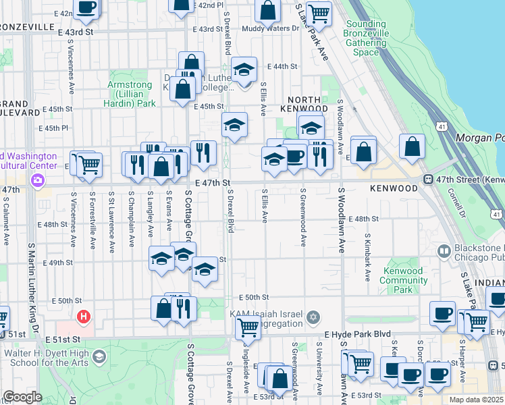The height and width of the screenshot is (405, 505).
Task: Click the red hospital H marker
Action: [x=84, y=316]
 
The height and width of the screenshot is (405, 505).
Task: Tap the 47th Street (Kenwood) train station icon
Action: [x=428, y=179]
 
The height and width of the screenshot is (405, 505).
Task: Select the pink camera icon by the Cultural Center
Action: [x=37, y=180]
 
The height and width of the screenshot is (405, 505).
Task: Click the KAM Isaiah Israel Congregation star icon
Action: [x=313, y=317]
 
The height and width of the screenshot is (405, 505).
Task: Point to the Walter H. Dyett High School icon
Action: [x=99, y=356]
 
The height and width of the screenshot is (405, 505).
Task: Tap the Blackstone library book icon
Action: [x=444, y=252]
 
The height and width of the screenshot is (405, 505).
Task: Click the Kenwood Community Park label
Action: [x=402, y=280]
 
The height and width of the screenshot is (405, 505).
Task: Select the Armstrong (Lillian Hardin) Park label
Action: [x=130, y=94]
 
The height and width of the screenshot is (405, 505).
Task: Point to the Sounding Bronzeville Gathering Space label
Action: [x=366, y=38]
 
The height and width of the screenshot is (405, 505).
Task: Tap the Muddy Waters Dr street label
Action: [x=269, y=28]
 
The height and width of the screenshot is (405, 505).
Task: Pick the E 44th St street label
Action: [x=283, y=66]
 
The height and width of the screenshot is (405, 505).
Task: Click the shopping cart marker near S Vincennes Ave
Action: [x=88, y=164]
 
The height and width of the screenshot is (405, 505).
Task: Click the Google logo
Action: [x=22, y=397]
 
